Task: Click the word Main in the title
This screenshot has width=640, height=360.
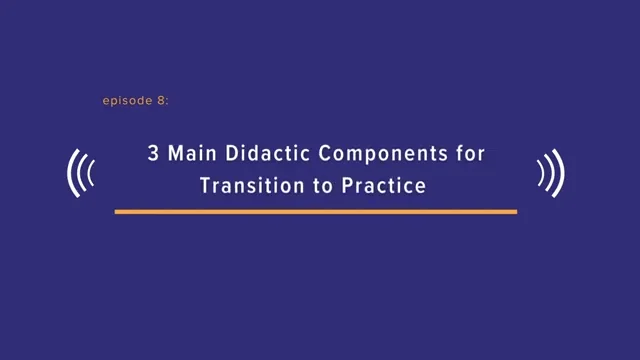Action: point(181,156)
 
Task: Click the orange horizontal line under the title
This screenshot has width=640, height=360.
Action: point(315,212)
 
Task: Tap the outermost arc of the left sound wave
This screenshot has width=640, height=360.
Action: point(71,174)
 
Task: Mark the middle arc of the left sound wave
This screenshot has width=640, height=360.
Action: point(82,174)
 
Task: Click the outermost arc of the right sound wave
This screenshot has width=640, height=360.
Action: point(561,174)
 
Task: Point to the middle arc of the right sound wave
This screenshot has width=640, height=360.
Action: point(550,174)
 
